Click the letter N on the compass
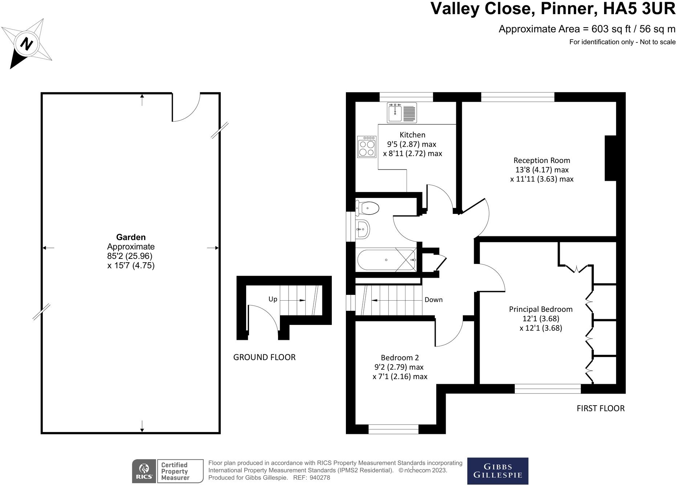[26, 44]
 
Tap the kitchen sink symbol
[402, 113]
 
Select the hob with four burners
[367, 147]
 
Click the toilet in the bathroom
[368, 208]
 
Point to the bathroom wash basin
[363, 229]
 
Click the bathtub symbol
[386, 260]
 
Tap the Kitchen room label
[412, 135]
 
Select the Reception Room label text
[542, 160]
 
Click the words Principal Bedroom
[541, 309]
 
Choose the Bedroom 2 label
[400, 358]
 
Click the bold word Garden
[131, 237]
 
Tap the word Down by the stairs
[433, 300]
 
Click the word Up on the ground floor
[273, 299]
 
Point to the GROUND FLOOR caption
[264, 357]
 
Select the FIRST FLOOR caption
[600, 408]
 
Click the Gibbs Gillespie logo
[497, 471]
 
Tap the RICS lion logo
[144, 471]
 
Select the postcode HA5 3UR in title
[639, 9]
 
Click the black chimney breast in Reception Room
[610, 158]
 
